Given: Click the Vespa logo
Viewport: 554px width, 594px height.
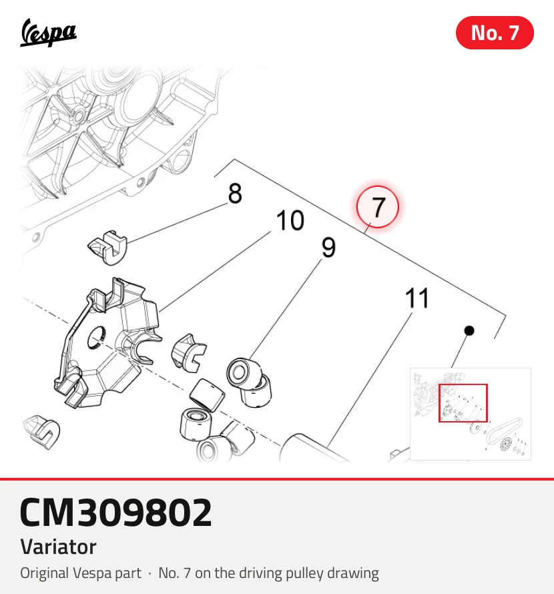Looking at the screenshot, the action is [48, 33].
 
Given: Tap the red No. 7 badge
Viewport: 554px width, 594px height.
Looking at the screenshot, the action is [495, 33].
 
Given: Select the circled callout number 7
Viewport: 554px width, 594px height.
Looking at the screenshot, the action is [377, 207].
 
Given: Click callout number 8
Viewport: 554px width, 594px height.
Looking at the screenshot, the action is [235, 193].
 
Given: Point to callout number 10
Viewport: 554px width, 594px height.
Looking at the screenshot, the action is [290, 220].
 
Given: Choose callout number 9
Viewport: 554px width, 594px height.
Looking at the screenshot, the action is [328, 248].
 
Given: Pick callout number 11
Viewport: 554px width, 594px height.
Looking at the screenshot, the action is [417, 298].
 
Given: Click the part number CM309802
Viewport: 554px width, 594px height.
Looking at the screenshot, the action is [115, 512].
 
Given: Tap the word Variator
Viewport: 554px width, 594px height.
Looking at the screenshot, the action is [58, 547].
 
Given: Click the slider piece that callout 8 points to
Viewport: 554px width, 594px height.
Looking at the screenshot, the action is [108, 247].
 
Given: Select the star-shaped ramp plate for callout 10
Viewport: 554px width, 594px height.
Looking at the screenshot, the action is [108, 343].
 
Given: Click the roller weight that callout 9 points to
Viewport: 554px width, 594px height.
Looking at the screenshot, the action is [244, 373].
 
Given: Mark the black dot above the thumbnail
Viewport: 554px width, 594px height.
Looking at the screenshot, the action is [469, 331].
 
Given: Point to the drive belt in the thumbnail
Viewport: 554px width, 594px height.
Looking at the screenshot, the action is [505, 430].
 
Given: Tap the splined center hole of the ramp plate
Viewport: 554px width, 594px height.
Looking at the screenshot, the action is [97, 338].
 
